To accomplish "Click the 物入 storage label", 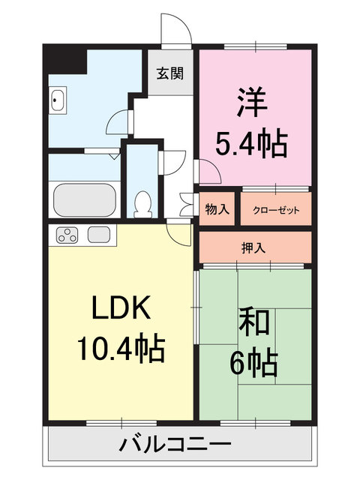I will (217, 210).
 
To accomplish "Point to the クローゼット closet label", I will (275, 210).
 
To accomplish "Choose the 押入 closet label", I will (255, 247).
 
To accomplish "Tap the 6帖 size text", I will (254, 364).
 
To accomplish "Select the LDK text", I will (122, 307).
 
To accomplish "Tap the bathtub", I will (84, 199).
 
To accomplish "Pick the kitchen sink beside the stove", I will (99, 235).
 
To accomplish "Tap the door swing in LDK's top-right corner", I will (178, 235).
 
